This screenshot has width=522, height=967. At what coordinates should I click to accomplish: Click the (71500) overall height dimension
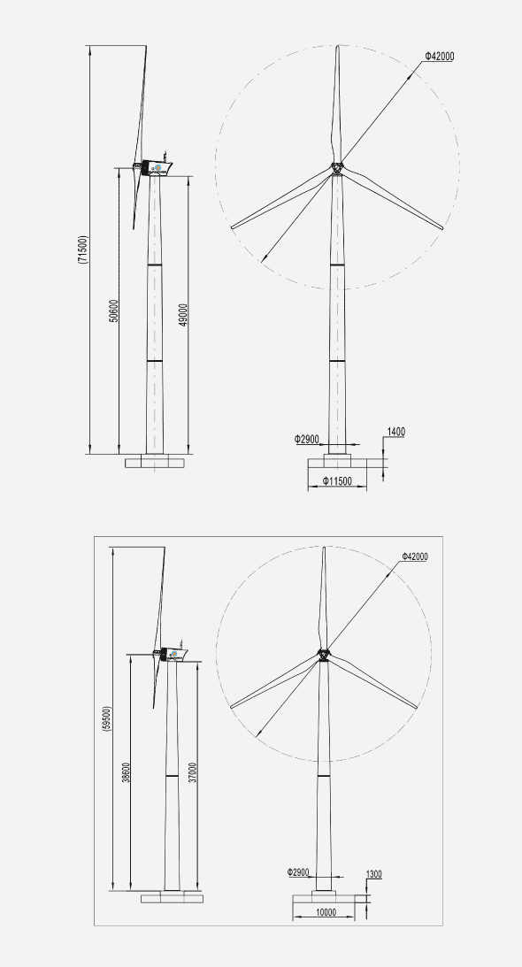[x=82, y=250]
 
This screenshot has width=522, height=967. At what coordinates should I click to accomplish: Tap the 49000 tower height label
[x=183, y=316]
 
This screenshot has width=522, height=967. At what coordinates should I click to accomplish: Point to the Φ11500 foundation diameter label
[x=336, y=481]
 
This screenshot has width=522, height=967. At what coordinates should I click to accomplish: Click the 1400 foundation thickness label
[x=395, y=433]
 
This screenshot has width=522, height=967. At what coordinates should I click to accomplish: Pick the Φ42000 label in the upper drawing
[x=440, y=57]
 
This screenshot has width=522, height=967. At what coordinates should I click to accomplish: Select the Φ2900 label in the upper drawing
[x=307, y=439]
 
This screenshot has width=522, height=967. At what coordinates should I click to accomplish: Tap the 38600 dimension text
[x=126, y=772]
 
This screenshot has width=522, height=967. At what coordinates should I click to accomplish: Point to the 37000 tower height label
[x=192, y=772]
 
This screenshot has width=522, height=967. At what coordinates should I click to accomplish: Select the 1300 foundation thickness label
[x=373, y=875]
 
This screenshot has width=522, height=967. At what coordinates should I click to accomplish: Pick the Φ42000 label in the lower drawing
[x=414, y=557]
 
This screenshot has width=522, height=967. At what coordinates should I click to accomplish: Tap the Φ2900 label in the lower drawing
[x=298, y=872]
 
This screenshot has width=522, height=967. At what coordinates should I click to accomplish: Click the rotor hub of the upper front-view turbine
[x=337, y=167]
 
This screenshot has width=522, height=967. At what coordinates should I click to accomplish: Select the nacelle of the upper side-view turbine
[x=158, y=167]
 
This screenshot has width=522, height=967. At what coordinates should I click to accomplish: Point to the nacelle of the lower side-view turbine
[x=172, y=655]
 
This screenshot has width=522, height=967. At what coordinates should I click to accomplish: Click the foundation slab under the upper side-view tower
[x=155, y=462]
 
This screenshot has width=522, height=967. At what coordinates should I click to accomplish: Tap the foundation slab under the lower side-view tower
[x=172, y=897]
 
